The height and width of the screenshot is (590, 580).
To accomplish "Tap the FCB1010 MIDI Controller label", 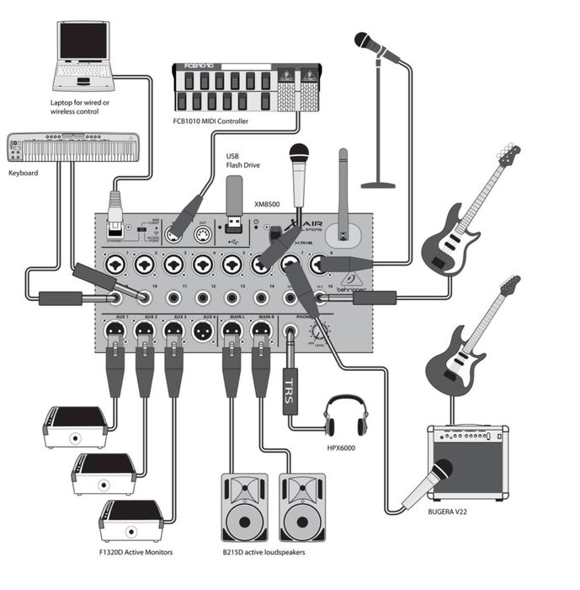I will tap(210, 121).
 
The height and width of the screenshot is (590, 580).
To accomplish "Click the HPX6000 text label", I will tap(343, 447).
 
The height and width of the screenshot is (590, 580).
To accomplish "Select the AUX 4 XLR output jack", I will tap(202, 332).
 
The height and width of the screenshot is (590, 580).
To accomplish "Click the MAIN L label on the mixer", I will tap(232, 317).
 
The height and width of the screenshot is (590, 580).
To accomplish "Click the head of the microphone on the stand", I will tap(366, 41).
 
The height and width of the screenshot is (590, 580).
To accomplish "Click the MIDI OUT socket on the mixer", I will tap(202, 234).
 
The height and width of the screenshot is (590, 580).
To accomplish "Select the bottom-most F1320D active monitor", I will tap(130, 521).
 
